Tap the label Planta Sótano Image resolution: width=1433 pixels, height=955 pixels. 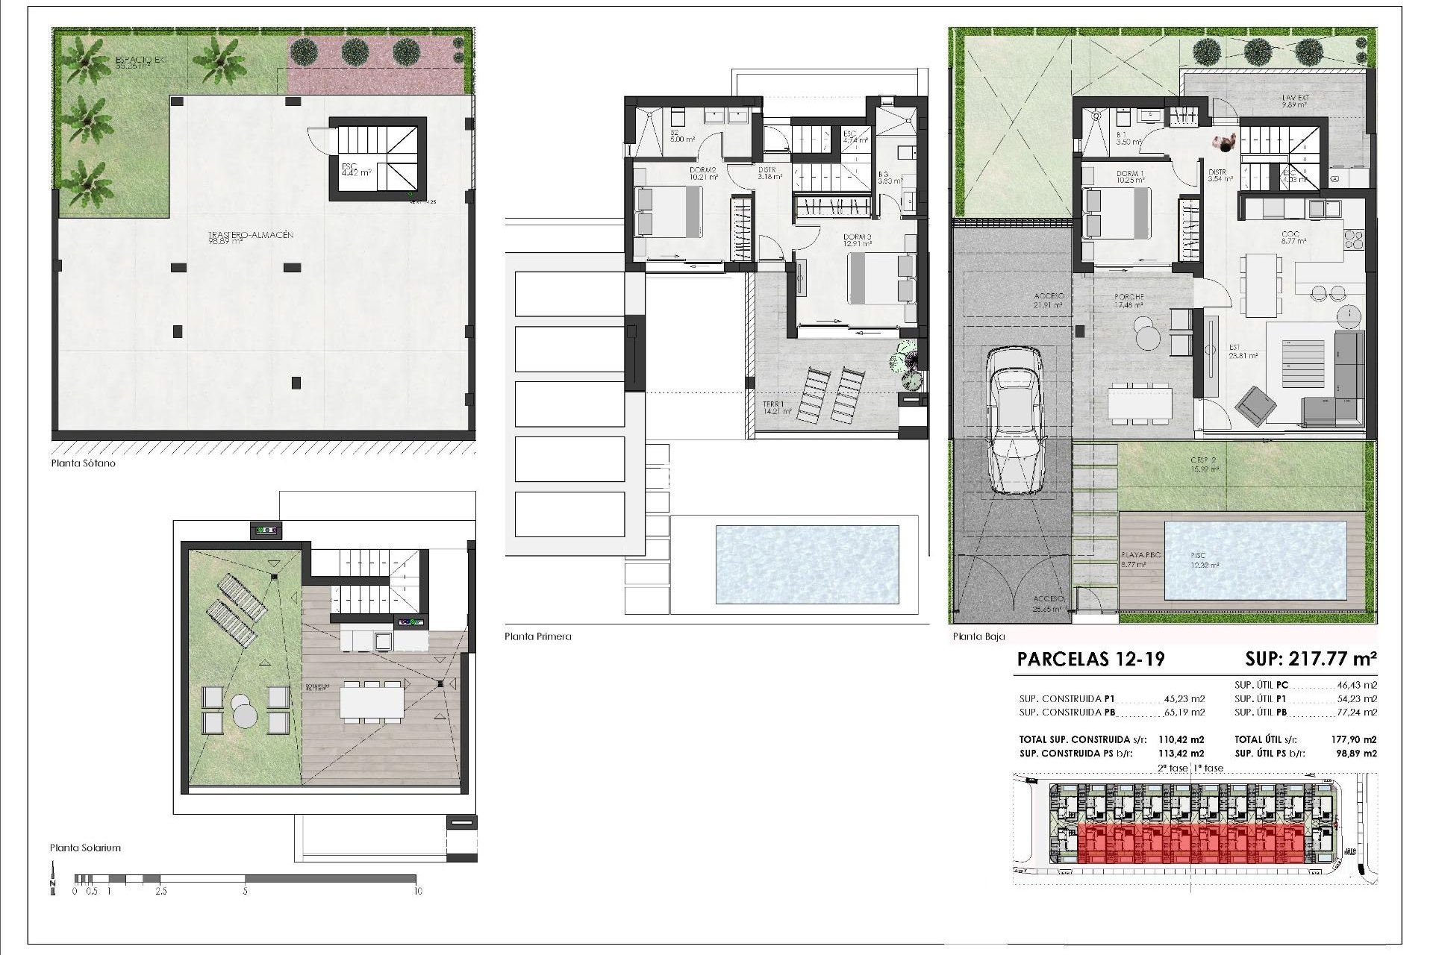click(x=83, y=463)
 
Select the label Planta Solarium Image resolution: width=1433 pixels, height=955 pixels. click(x=85, y=848)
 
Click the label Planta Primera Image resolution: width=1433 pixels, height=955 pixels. click(x=537, y=636)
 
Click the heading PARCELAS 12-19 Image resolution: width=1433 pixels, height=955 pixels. click(x=1090, y=659)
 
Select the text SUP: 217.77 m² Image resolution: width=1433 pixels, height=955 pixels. click(x=1311, y=659)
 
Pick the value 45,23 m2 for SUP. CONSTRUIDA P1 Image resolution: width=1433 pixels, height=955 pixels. click(x=1184, y=699)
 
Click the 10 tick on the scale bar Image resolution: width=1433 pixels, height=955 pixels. click(x=417, y=891)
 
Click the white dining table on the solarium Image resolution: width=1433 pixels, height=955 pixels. click(x=372, y=702)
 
